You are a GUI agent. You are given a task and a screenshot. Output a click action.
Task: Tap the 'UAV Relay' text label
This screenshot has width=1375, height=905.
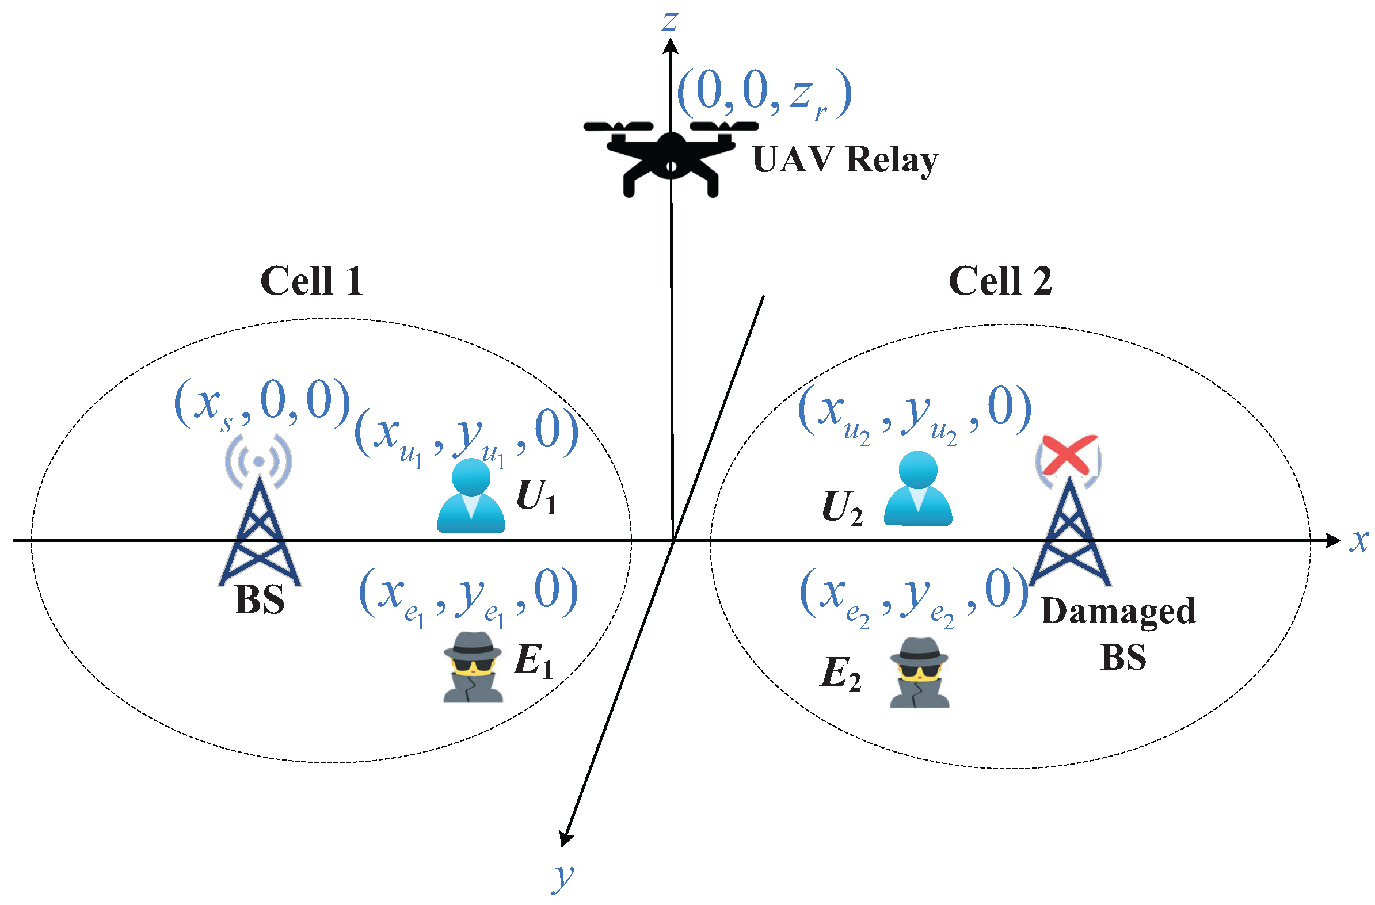click(x=845, y=160)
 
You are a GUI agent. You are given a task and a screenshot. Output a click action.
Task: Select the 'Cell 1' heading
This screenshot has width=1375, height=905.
click(x=311, y=281)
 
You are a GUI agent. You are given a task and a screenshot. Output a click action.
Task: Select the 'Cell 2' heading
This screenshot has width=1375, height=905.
click(x=1000, y=281)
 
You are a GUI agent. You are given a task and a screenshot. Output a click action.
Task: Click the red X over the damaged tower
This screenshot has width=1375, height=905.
click(x=1068, y=455)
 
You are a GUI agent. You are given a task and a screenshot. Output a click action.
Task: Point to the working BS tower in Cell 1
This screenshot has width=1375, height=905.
click(x=260, y=534)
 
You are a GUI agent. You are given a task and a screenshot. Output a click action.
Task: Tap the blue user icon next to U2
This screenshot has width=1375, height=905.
click(x=917, y=489)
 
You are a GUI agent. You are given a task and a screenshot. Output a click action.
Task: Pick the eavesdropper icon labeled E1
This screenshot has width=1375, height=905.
click(x=473, y=667)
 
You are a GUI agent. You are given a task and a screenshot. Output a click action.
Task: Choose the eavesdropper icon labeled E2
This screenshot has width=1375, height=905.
click(x=919, y=673)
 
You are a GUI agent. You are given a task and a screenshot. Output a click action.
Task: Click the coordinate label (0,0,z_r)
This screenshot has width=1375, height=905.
click(x=764, y=94)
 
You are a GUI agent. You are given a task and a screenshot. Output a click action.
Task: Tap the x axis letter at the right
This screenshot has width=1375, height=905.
click(x=1358, y=541)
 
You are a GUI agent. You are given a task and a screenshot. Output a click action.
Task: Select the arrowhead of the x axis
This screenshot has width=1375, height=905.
click(x=1334, y=541)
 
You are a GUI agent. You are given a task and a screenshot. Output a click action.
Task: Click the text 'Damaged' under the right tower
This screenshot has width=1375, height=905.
click(x=1117, y=612)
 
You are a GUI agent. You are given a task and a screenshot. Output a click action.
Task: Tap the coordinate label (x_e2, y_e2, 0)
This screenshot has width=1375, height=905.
click(x=913, y=595)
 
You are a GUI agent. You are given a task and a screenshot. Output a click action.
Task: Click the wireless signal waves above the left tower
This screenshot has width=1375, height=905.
click(x=259, y=461)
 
